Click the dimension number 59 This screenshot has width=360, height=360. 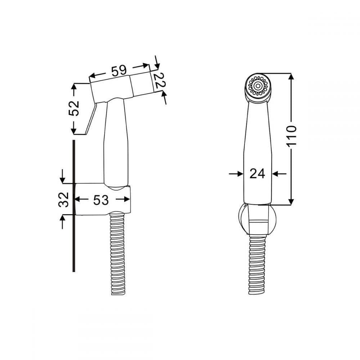coord(119,71)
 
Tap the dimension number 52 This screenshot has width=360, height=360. coord(74,108)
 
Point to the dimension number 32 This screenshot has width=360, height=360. coord(64,199)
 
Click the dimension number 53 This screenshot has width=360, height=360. coord(101,200)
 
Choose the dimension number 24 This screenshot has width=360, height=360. coord(257,174)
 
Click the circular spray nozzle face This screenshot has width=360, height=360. coord(258,86)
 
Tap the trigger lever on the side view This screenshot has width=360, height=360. coord(90,118)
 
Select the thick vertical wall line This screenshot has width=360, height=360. coord(74,206)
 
